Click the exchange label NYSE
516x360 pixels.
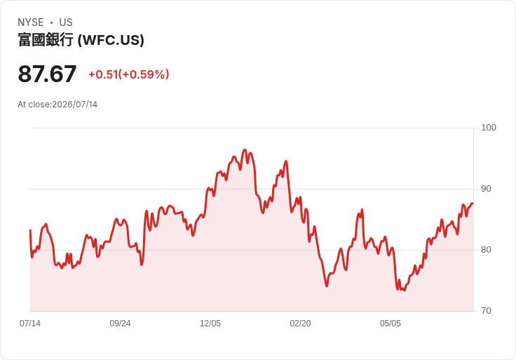pos(31,22)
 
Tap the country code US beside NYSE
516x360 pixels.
pos(66,22)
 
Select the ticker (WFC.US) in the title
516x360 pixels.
pos(111,40)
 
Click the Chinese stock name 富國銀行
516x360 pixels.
pos(46,40)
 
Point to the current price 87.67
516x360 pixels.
pos(47,74)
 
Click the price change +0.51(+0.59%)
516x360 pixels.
pos(129,74)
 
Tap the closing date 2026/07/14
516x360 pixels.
pos(75,105)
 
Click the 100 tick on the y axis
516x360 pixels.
pos(489,128)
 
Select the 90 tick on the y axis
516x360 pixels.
pos(486,189)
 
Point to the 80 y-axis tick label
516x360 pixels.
pos(486,250)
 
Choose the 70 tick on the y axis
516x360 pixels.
pos(486,311)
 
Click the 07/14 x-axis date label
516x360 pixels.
pos(30,324)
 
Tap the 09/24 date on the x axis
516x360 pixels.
pos(120,324)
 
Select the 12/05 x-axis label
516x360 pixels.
pos(210,324)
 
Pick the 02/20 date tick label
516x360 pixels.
pos(300,324)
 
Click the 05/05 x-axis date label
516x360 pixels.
pos(391,324)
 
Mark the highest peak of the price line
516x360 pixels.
pos(245,150)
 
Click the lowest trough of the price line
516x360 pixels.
pos(405,291)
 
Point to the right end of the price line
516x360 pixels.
pos(473,204)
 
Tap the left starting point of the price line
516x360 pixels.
pos(30,230)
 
